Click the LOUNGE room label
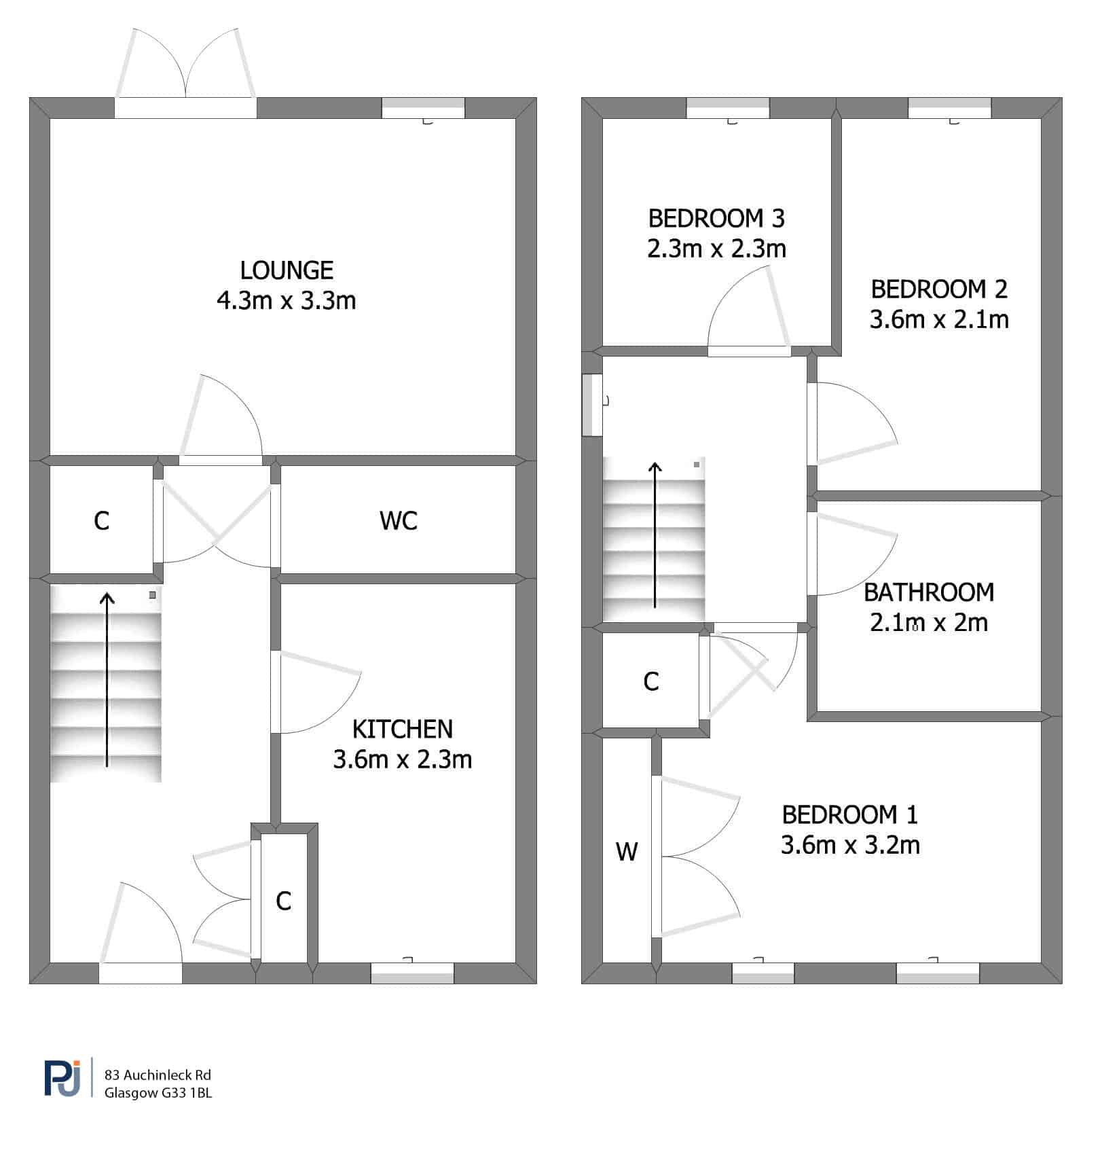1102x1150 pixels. coord(287,270)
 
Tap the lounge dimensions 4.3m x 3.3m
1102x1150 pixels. coord(287,300)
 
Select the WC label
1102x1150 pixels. coord(399,521)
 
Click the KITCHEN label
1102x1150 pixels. coord(403,729)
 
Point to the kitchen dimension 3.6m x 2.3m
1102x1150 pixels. coord(403,759)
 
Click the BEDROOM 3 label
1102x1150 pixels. coord(716,219)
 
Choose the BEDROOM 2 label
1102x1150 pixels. coord(939,289)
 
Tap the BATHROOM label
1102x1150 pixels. coord(929,592)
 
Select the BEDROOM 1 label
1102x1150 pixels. coord(850,814)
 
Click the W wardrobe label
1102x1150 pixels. coord(627,852)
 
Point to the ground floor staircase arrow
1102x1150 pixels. coord(107,680)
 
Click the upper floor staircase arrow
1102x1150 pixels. coord(655,535)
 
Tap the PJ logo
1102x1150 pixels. coord(62,1077)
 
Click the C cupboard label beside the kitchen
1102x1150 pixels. coord(284,901)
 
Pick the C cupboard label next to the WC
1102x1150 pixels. coord(101,521)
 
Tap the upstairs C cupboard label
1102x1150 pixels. coord(651,681)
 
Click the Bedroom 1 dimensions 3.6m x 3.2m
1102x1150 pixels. coord(850,846)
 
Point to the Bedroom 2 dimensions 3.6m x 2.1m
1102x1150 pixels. coord(939,320)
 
